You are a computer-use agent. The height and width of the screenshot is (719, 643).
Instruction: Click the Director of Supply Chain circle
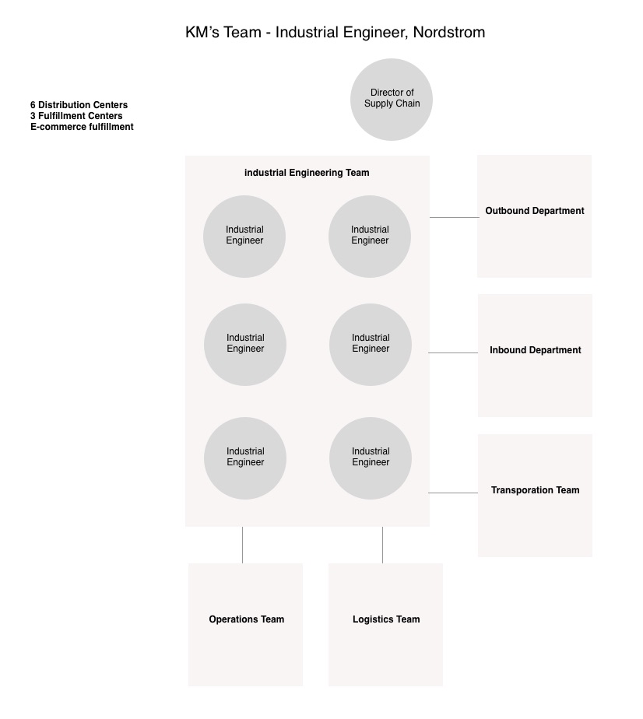(392, 100)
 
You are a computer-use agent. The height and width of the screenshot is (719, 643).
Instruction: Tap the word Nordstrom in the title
(449, 32)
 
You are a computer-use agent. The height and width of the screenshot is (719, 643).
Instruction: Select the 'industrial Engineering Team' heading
(307, 173)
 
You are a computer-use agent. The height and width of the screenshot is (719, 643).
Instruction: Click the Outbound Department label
(535, 211)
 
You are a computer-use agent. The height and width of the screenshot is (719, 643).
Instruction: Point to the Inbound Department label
(536, 350)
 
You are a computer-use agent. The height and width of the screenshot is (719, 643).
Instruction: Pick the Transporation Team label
(536, 490)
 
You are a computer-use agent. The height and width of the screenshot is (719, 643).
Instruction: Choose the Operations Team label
(246, 619)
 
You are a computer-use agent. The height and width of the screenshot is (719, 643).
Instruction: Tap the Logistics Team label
(386, 619)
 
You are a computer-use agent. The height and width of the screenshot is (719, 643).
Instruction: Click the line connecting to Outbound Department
(454, 217)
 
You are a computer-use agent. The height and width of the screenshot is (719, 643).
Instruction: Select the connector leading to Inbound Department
(453, 352)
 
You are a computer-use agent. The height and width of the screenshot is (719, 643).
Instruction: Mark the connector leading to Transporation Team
(453, 493)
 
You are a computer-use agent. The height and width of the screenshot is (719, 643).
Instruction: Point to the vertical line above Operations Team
(242, 545)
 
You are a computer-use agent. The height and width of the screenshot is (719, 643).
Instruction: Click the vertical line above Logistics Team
(382, 545)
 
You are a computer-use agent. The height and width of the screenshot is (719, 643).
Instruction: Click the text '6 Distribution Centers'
(79, 105)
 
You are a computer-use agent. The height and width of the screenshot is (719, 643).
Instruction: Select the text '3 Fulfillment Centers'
(76, 116)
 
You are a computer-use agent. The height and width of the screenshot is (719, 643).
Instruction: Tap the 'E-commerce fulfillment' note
(82, 127)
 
